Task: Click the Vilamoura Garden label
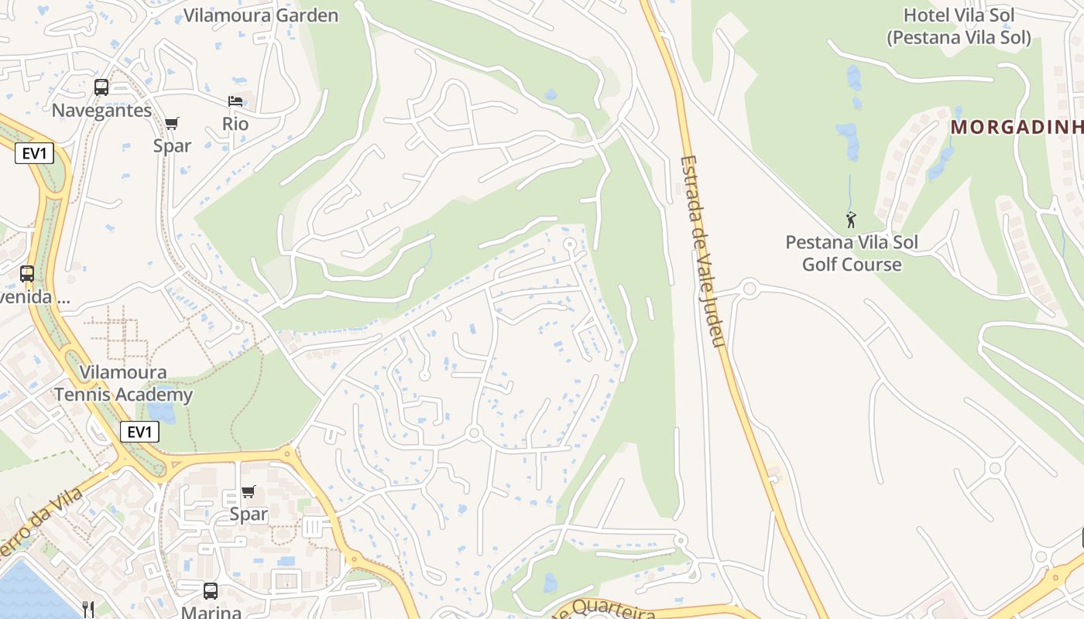[261, 15]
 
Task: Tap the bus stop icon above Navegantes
[101, 87]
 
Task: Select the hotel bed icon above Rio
[235, 101]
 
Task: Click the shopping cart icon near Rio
[172, 123]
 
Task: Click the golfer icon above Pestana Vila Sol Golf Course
[851, 220]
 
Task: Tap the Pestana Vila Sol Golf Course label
[852, 253]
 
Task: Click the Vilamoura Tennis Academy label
[123, 384]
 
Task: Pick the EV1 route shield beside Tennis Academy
[139, 432]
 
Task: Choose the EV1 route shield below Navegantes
[34, 153]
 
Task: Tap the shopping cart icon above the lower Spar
[249, 491]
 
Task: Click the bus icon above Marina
[210, 591]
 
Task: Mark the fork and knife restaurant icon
[88, 610]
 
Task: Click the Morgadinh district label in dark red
[1017, 127]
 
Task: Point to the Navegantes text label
[101, 111]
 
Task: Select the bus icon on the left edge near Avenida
[27, 273]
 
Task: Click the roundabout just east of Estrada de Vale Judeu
[749, 289]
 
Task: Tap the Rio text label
[235, 124]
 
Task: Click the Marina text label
[211, 612]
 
